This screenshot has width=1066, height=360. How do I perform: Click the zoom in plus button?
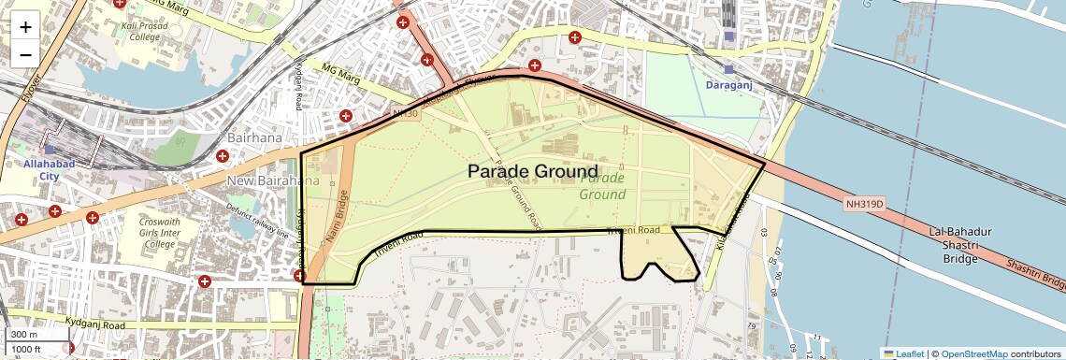(25, 26)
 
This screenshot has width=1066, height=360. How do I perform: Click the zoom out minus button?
(25, 54)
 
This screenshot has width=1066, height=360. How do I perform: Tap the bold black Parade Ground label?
(532, 171)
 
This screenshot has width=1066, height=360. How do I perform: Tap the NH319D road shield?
(864, 203)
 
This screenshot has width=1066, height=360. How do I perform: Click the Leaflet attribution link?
(903, 353)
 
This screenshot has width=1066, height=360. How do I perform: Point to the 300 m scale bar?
(26, 335)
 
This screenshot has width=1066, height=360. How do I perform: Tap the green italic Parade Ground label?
(602, 186)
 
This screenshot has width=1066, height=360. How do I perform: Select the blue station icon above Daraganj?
(729, 68)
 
